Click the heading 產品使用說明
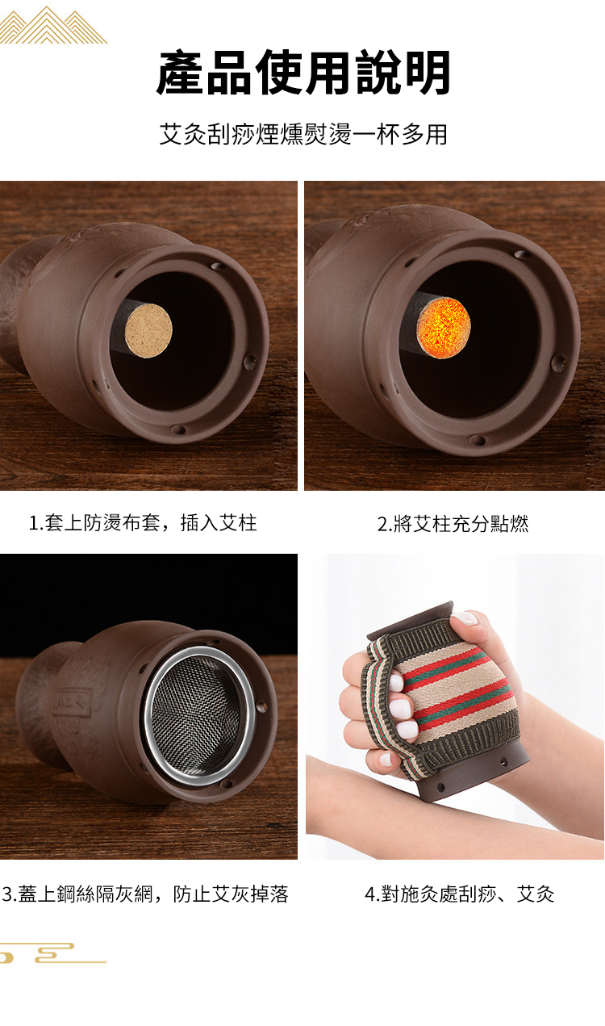tap(302, 73)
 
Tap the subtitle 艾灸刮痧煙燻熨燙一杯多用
tap(302, 134)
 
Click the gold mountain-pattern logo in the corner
tap(53, 25)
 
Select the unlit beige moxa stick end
tap(149, 325)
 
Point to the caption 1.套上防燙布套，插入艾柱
tap(143, 523)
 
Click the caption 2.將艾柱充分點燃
tap(453, 524)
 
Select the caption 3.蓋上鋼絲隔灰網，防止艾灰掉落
tap(145, 894)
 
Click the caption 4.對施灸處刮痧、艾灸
tap(459, 894)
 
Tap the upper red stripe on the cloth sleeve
tap(452, 666)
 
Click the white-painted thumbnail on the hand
tap(465, 618)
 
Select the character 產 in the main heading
tap(180, 73)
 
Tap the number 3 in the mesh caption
tap(6, 894)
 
